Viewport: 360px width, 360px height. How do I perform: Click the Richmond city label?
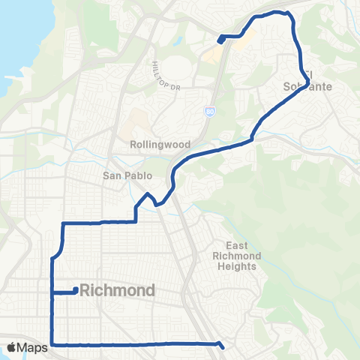click(117, 290)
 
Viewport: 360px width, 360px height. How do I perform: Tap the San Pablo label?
click(127, 176)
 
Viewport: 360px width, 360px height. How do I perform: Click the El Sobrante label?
click(307, 81)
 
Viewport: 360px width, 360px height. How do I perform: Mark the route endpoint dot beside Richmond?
click(76, 291)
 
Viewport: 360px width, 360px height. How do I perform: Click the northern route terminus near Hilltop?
click(220, 40)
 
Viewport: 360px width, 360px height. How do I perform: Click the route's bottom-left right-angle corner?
click(52, 345)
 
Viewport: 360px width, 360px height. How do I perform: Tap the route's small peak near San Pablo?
click(148, 194)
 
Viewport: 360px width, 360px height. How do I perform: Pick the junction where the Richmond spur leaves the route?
click(52, 291)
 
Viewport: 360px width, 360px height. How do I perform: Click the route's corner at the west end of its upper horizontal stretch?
click(62, 223)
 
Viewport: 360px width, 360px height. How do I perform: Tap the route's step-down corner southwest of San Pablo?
click(136, 221)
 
